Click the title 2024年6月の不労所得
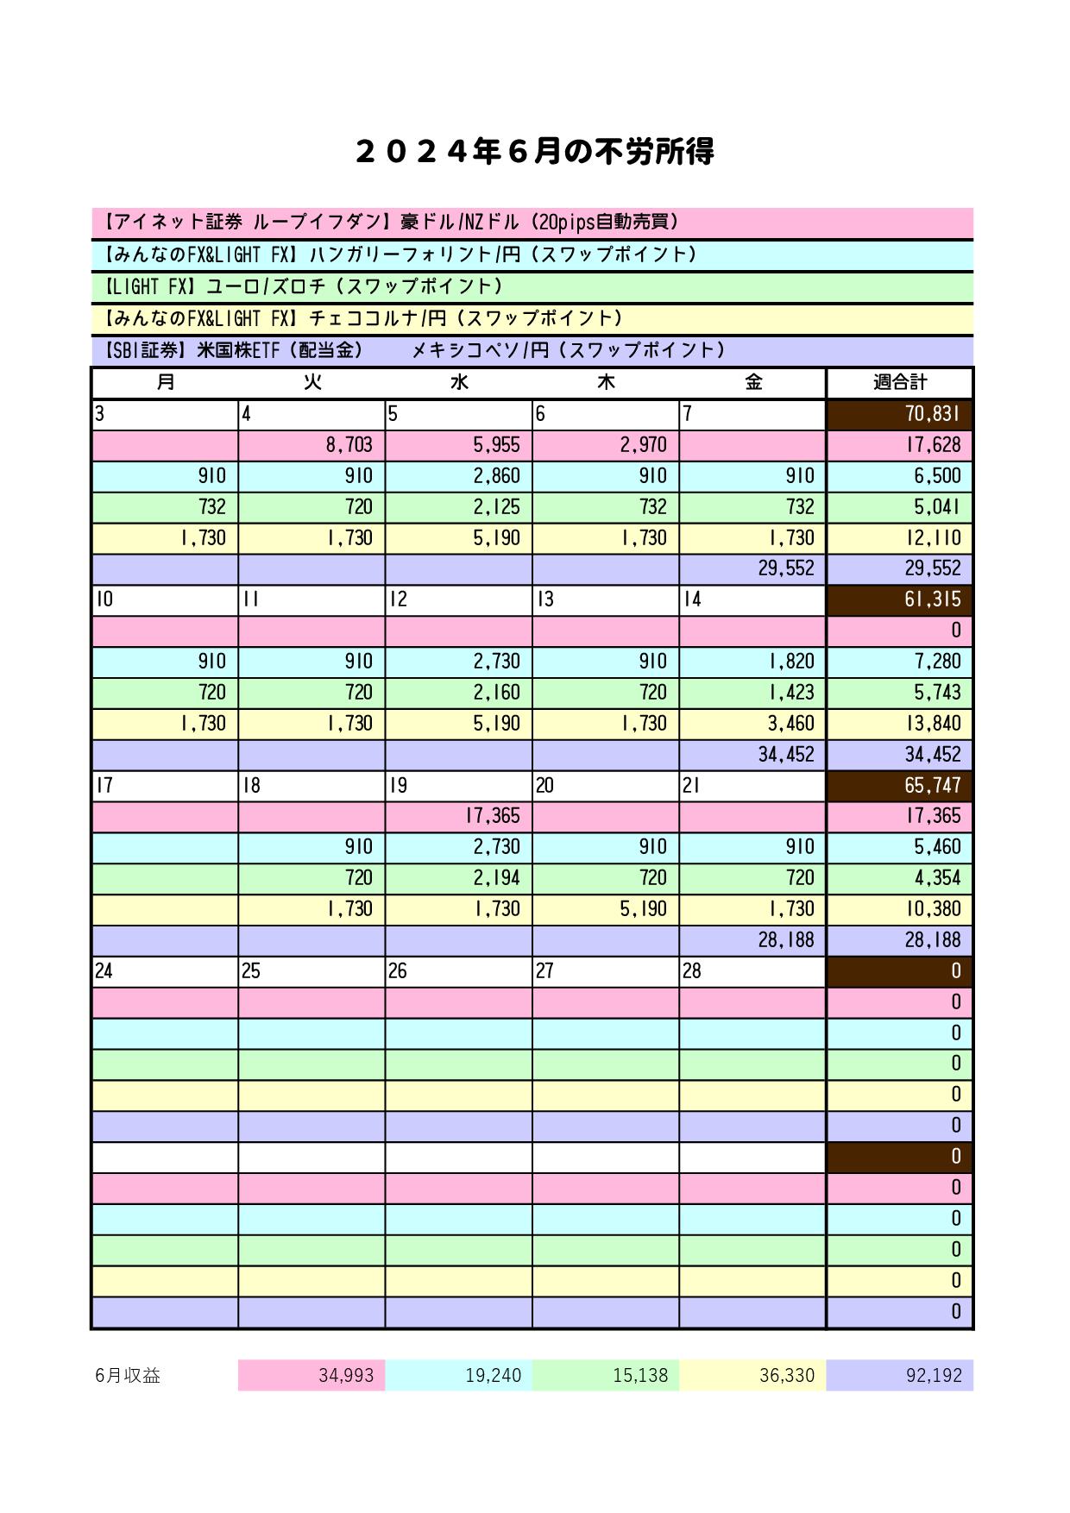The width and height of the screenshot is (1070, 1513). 534,153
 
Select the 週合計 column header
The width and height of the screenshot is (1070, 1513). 899,382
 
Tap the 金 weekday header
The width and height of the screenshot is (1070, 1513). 752,382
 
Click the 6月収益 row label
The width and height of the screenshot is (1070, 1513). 129,1376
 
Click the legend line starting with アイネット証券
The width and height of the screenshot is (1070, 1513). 393,223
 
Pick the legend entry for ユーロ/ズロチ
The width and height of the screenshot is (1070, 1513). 302,286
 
